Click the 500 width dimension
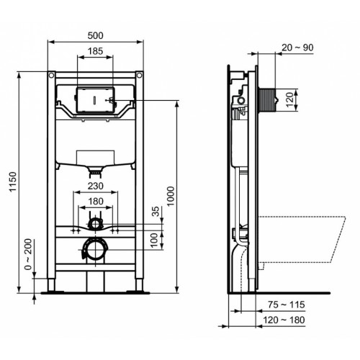[95, 33]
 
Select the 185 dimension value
[95, 51]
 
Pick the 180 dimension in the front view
[95, 201]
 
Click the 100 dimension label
[153, 238]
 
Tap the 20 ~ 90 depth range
[299, 47]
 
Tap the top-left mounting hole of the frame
[52, 75]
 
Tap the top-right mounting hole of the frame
[138, 75]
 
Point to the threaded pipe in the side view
[266, 98]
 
